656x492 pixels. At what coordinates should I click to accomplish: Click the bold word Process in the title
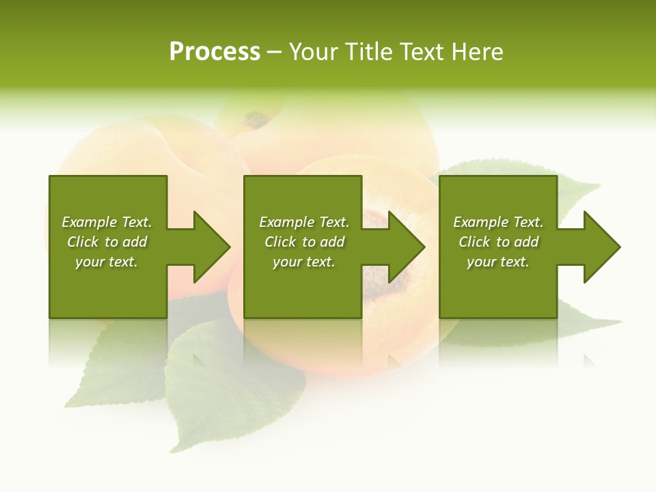pos(215,52)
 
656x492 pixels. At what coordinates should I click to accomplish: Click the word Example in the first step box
pos(89,222)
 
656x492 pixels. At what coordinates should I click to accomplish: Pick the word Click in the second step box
pos(281,242)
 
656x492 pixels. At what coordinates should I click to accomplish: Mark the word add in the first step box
pos(135,242)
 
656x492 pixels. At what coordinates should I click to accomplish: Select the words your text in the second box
pos(303,262)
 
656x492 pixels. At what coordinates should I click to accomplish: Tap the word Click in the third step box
pos(475,242)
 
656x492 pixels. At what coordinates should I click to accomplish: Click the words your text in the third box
pos(497,262)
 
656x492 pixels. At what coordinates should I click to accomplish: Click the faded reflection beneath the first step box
pos(108,342)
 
